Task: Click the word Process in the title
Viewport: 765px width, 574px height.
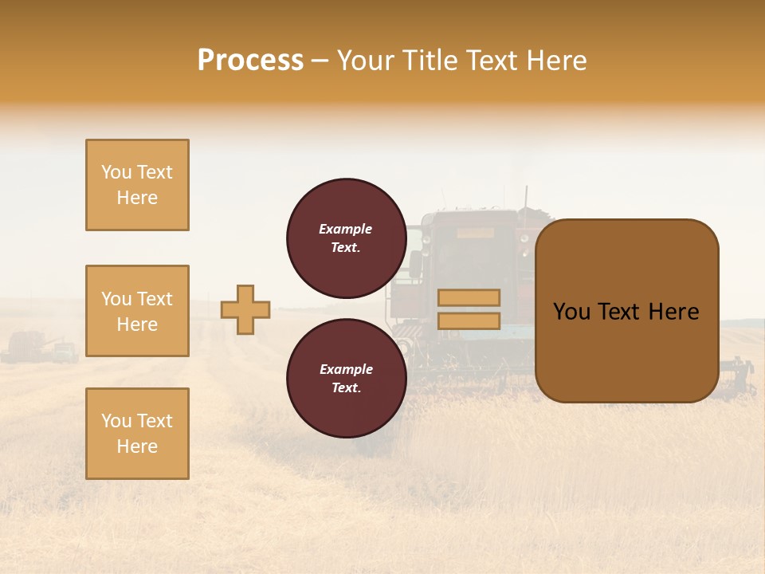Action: (250, 61)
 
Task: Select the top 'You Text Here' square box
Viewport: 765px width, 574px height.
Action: (137, 185)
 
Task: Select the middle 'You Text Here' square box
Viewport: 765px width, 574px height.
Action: (137, 311)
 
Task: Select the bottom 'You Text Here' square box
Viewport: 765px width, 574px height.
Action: (137, 434)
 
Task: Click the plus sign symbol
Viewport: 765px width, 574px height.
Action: (245, 309)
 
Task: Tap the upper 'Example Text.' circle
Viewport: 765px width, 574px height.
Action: (346, 238)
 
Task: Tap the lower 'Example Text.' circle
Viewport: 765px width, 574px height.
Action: (346, 378)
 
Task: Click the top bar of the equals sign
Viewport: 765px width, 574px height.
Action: (469, 298)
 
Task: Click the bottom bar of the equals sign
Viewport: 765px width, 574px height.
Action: (469, 320)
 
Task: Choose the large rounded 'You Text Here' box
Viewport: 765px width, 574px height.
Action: (626, 311)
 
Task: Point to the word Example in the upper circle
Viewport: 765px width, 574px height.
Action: (346, 229)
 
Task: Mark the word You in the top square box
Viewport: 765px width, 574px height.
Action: (115, 172)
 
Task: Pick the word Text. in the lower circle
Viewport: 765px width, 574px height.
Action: (346, 387)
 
